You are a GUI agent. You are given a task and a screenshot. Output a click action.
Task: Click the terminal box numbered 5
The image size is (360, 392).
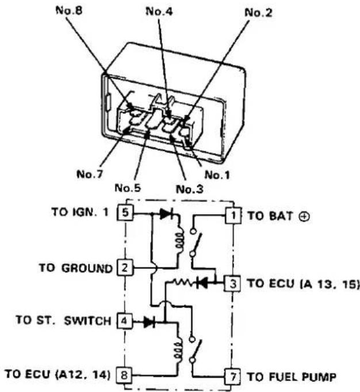(125, 212)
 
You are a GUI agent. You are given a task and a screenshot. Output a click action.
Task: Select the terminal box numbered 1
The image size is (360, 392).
(233, 215)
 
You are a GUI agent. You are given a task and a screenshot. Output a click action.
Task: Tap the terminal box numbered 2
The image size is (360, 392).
(125, 268)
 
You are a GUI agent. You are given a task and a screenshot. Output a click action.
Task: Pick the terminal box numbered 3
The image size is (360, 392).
(232, 284)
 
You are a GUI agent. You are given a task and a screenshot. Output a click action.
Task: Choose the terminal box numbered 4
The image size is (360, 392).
(124, 321)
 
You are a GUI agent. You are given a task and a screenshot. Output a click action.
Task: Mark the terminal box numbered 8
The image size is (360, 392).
(124, 375)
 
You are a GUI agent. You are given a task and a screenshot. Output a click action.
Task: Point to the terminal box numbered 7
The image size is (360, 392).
(232, 376)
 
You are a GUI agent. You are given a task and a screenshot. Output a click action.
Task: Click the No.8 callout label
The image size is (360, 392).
(69, 10)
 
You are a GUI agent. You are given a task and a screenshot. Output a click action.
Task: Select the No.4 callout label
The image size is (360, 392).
(159, 12)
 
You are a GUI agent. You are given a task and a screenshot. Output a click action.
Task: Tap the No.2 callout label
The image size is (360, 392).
(258, 13)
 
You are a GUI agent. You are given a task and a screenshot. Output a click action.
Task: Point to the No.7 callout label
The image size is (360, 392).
(90, 174)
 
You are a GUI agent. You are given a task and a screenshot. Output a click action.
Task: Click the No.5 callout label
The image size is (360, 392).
(128, 188)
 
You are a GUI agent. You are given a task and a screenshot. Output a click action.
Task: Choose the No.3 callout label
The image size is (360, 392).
(190, 189)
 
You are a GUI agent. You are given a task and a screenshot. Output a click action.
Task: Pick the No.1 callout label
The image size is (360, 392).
(217, 175)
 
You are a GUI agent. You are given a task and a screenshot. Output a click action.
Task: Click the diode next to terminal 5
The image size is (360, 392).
(166, 214)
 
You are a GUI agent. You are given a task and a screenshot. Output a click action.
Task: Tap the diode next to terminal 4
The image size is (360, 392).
(150, 322)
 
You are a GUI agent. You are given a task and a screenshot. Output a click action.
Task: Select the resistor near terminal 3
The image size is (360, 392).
(185, 283)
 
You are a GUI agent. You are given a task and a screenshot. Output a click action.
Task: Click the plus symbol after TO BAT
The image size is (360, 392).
(304, 216)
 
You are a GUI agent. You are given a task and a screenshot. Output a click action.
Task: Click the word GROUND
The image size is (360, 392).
(87, 268)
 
